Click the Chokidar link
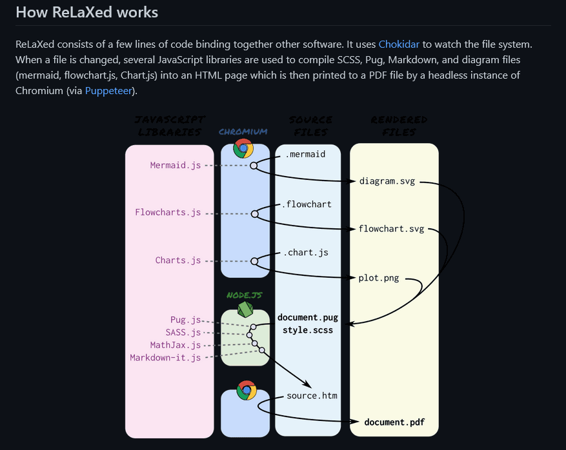[399, 44]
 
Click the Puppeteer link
[109, 91]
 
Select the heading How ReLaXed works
[86, 12]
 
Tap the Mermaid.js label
[176, 165]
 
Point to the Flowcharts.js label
[168, 212]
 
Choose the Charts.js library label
[178, 260]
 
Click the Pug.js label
[186, 320]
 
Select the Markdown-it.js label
[165, 357]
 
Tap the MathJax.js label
[176, 345]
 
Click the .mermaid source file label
[305, 154]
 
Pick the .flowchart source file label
[307, 204]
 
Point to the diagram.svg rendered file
[387, 181]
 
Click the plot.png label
[379, 279]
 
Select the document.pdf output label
[394, 423]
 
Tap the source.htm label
[312, 395]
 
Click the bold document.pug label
[307, 317]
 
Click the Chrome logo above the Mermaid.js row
[243, 149]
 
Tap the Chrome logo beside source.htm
[247, 390]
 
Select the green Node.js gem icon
[245, 309]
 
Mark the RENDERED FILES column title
[399, 126]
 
